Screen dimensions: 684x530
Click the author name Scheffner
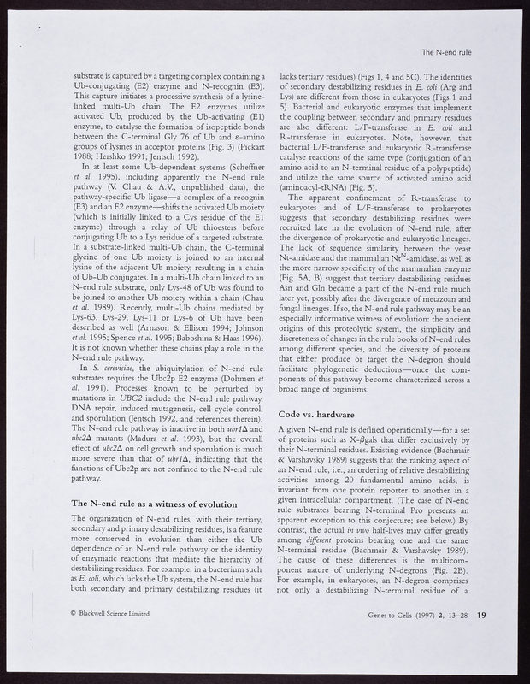[x=230, y=192]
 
